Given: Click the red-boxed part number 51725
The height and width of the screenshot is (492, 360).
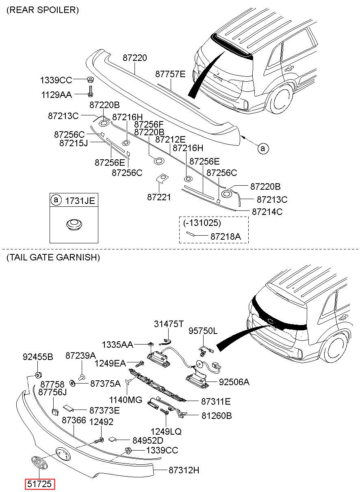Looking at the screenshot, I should click(x=40, y=484).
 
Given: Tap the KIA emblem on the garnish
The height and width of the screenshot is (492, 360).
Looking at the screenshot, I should click(x=39, y=463).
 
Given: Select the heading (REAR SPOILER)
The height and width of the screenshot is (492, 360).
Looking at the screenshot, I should click(x=43, y=10).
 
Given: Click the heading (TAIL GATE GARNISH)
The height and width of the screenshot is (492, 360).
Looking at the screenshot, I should click(x=53, y=257).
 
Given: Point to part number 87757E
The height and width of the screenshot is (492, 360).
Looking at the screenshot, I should click(x=170, y=74).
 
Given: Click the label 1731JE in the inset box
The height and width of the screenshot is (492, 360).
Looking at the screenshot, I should click(x=80, y=200).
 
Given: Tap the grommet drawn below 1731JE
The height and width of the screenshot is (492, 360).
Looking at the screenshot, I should click(x=74, y=224).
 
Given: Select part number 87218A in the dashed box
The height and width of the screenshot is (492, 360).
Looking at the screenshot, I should click(x=225, y=236).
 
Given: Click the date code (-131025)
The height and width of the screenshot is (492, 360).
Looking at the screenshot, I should click(x=202, y=223).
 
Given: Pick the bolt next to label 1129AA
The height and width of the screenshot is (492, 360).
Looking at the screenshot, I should click(x=90, y=91).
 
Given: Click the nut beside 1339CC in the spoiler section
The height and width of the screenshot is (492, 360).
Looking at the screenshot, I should click(x=90, y=79).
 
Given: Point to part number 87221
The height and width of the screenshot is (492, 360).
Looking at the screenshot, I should click(x=159, y=197).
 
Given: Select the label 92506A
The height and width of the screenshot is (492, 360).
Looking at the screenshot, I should click(x=234, y=382).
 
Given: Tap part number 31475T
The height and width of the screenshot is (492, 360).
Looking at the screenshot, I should click(x=169, y=324).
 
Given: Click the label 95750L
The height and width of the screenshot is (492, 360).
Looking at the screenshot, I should click(x=202, y=331).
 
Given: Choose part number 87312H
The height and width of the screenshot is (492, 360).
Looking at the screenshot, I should click(x=184, y=470).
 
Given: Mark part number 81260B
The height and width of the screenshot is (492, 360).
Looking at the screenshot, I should click(x=216, y=416).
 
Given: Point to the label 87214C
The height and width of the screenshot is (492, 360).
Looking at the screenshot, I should click(x=267, y=212).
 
